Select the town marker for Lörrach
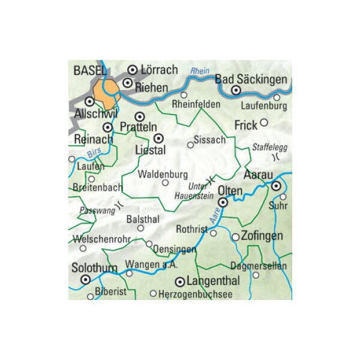pos(133,70)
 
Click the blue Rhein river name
pos(199,71)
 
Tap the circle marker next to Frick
pos(263,122)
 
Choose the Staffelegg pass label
pos(266,146)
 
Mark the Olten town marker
pos(223,203)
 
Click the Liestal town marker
pos(159,137)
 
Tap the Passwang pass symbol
pos(119,204)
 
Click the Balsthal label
pos(142,220)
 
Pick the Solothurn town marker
pos(86,280)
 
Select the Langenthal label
pos(214,281)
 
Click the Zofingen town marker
pos(235,237)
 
